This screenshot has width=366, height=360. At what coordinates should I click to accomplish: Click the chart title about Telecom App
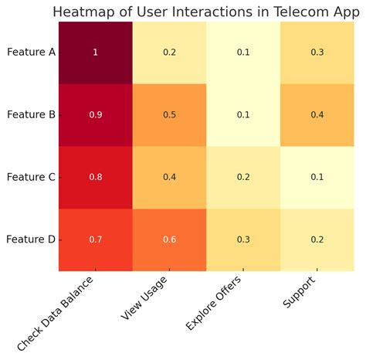click(206, 12)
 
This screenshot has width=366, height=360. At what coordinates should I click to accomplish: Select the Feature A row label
click(31, 53)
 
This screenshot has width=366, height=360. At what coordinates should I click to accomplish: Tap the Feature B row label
click(31, 114)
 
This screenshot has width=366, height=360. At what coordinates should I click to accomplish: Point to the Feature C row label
click(31, 177)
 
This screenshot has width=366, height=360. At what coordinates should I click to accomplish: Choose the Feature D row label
click(31, 239)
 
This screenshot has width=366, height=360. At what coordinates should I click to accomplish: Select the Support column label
click(300, 292)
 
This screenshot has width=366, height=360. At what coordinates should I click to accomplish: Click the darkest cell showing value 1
click(96, 53)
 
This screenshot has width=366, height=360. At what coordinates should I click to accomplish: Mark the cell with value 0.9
click(96, 115)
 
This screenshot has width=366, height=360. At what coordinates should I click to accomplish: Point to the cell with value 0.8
click(96, 177)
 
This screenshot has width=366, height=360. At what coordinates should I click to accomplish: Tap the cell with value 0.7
click(96, 239)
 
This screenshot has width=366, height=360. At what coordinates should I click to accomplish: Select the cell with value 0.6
click(170, 239)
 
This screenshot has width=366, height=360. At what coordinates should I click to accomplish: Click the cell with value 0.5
click(170, 115)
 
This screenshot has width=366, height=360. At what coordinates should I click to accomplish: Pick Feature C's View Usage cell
click(170, 177)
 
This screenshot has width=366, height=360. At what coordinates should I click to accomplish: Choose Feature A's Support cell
click(317, 53)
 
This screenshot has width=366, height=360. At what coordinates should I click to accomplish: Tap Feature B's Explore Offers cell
click(243, 115)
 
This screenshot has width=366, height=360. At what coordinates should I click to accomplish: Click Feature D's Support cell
click(317, 239)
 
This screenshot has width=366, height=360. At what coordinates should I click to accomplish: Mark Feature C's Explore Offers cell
click(243, 177)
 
